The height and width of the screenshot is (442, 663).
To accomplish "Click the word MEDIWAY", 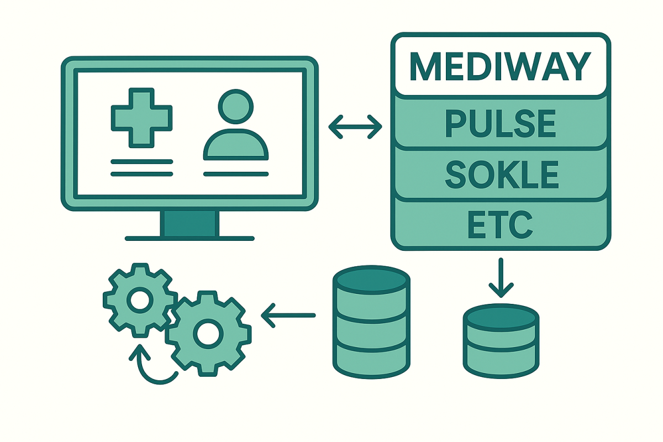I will pyautogui.click(x=500, y=67).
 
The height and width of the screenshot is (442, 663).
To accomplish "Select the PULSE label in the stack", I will pyautogui.click(x=500, y=124).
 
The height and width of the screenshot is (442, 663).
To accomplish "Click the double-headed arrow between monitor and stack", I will pyautogui.click(x=355, y=128).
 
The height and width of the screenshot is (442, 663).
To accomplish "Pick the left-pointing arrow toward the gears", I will pyautogui.click(x=287, y=315).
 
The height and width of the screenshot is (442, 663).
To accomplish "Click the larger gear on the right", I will pyautogui.click(x=208, y=333).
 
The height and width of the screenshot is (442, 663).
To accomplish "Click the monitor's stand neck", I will pyautogui.click(x=190, y=223).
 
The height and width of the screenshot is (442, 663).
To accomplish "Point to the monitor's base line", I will pyautogui.click(x=190, y=239).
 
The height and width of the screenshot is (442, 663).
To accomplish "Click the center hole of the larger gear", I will pyautogui.click(x=208, y=333).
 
